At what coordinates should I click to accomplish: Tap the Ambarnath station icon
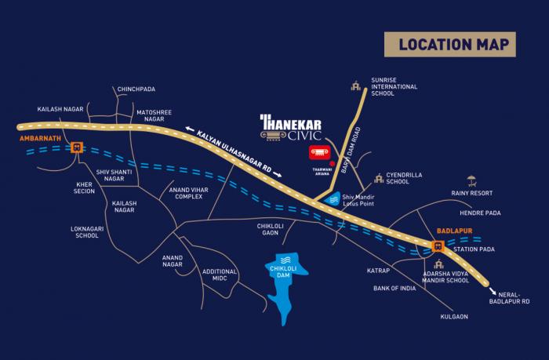[x=76, y=146]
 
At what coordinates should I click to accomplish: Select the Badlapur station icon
[x=438, y=245]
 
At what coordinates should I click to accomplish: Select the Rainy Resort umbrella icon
[x=471, y=180]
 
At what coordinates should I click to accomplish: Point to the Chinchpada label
[x=137, y=89]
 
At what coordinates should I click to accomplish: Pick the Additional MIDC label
[x=220, y=275]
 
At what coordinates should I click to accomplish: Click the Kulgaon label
[x=453, y=316]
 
